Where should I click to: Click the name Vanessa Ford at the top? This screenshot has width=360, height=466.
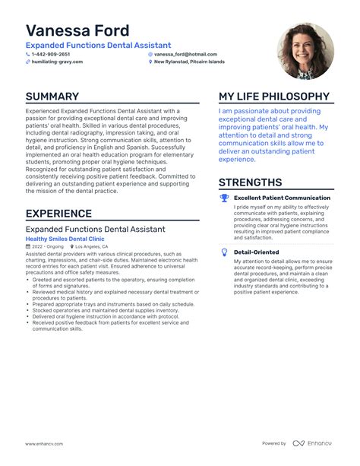[x=77, y=30]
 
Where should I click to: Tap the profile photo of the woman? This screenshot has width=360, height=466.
[x=305, y=51]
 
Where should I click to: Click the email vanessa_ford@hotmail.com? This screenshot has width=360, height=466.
[x=185, y=55]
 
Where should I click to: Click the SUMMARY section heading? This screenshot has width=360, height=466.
[x=52, y=97]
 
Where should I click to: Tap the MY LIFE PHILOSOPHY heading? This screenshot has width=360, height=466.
[x=274, y=97]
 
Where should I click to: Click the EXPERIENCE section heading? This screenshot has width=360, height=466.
[x=65, y=214]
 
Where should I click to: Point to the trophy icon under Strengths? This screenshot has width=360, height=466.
[x=224, y=198]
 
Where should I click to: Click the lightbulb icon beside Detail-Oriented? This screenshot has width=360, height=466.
[x=224, y=252]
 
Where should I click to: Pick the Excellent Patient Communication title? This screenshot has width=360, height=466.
[x=282, y=198]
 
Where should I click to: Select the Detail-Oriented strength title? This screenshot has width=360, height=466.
[x=256, y=252]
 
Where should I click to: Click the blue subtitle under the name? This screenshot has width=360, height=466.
[x=98, y=46]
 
